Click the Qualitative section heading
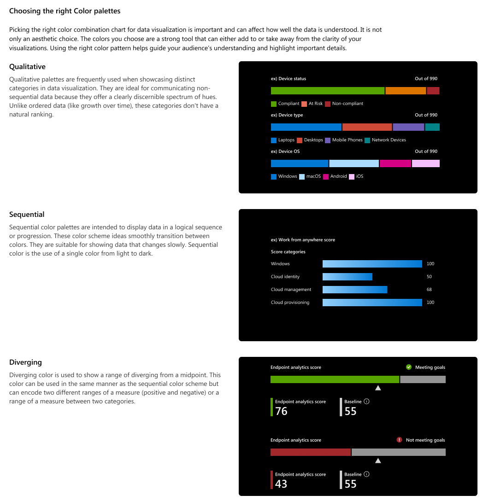tap(27, 67)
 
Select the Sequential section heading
tap(27, 215)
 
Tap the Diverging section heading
tap(25, 362)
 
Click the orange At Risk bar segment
tap(406, 91)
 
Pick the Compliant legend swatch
tap(274, 104)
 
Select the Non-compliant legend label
tap(348, 104)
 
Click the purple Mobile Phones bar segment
tap(408, 127)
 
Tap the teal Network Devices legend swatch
tap(367, 140)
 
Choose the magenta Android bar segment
tap(395, 163)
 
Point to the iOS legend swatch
tap(352, 176)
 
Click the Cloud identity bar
tap(348, 277)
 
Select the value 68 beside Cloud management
tap(430, 290)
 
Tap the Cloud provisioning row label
tap(290, 303)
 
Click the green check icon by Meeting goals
tap(408, 367)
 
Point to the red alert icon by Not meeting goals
tap(400, 440)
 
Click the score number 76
tap(281, 411)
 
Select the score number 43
tap(281, 484)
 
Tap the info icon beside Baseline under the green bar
tap(367, 402)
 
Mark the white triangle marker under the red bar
tap(378, 460)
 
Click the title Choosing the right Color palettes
tap(65, 11)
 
